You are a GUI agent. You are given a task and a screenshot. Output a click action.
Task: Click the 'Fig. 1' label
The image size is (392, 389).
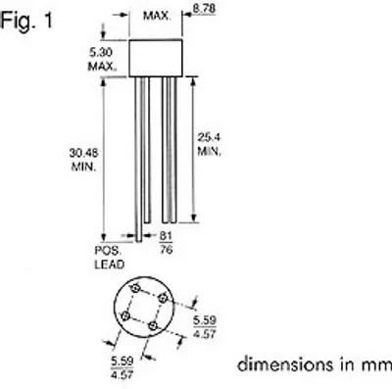[26, 21]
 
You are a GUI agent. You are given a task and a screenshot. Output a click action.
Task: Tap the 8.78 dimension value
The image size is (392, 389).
[204, 9]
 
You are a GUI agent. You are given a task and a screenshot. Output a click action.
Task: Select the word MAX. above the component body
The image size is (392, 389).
[157, 16]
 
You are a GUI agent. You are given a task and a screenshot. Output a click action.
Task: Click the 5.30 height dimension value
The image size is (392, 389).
[101, 52]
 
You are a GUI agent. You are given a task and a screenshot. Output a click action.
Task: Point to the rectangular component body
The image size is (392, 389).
[156, 58]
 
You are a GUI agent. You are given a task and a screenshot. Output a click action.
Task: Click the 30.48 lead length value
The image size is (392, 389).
[83, 153]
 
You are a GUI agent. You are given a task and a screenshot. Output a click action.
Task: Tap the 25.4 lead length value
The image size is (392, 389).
[209, 137]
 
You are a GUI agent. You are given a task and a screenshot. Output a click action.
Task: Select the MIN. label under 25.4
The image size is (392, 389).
[209, 152]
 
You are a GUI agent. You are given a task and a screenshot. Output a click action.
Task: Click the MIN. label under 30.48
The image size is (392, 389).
[83, 167]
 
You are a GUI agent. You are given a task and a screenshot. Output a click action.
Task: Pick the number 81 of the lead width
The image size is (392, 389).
[166, 236]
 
